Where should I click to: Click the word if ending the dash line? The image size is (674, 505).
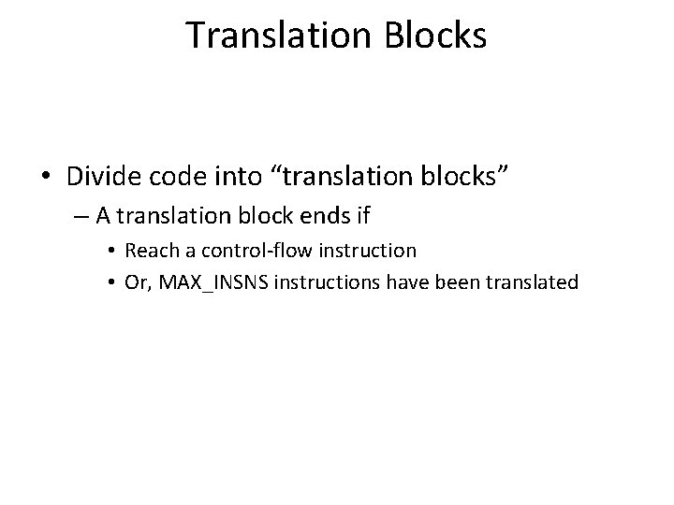362,216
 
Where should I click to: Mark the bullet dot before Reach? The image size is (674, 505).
114,252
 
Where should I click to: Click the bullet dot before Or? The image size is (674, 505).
114,281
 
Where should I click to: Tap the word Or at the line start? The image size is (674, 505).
136,281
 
